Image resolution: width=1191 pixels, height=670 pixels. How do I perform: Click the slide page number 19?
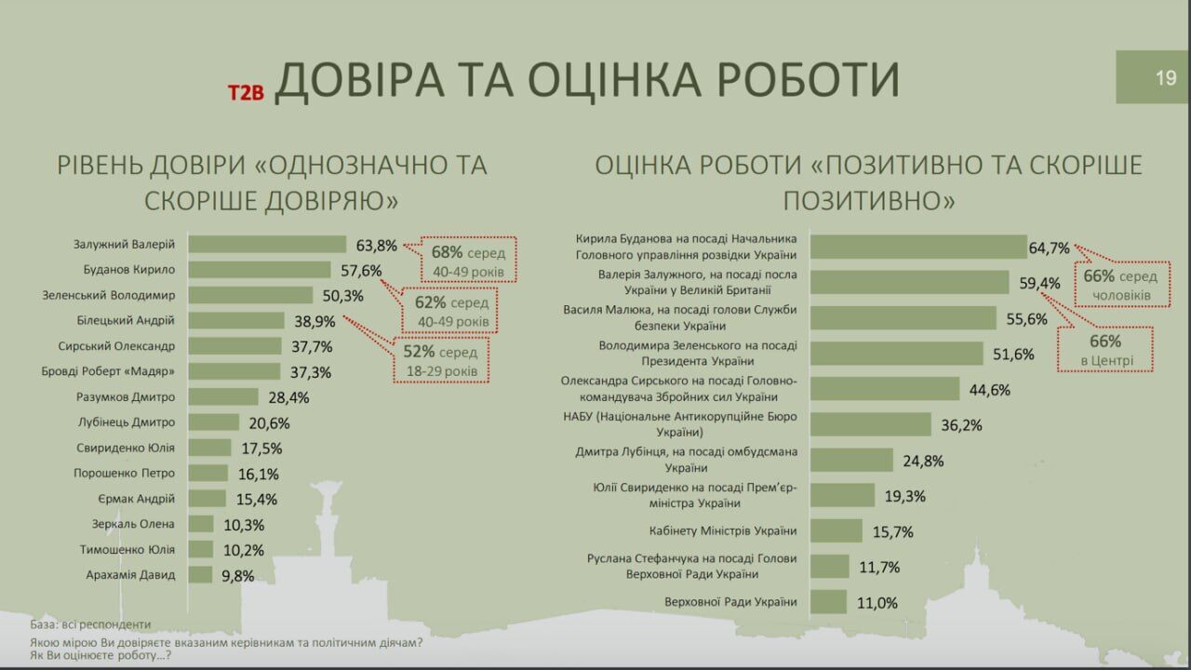[x=1166, y=78]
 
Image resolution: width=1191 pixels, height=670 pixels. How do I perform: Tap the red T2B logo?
[x=247, y=91]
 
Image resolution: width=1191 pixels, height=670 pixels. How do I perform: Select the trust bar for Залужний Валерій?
[x=267, y=245]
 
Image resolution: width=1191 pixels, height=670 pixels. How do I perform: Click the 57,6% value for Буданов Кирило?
[x=360, y=271]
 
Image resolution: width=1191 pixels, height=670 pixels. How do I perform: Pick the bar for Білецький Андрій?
[x=236, y=320]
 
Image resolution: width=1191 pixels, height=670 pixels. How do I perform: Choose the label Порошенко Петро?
[x=125, y=474]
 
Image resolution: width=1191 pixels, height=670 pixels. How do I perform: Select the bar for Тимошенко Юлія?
[x=201, y=549]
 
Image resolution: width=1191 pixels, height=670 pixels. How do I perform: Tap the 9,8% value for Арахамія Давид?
[x=238, y=576]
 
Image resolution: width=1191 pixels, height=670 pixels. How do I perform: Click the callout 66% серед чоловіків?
[x=1120, y=286]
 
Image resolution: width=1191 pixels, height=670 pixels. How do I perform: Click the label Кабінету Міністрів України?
[x=723, y=531]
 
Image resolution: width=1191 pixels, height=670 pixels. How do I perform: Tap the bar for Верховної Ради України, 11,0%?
[x=828, y=602]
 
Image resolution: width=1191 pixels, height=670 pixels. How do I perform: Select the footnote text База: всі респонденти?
[x=90, y=624]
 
